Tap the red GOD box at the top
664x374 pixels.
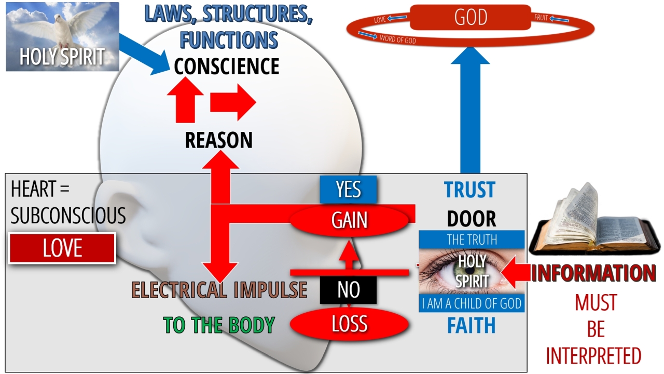[470, 18]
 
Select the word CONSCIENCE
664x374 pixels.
[227, 66]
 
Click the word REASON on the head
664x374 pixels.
[219, 140]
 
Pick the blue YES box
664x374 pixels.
[348, 190]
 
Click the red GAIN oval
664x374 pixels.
[349, 220]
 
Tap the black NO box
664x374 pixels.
[348, 290]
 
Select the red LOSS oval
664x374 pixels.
[349, 325]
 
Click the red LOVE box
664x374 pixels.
[62, 248]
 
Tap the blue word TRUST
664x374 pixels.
[470, 191]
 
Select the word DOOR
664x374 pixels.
[471, 219]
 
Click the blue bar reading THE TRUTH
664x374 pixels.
[472, 239]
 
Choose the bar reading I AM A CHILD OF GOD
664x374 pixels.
[472, 303]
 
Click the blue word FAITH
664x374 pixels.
[471, 326]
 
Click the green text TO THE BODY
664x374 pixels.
[219, 325]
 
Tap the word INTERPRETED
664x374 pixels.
[593, 356]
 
